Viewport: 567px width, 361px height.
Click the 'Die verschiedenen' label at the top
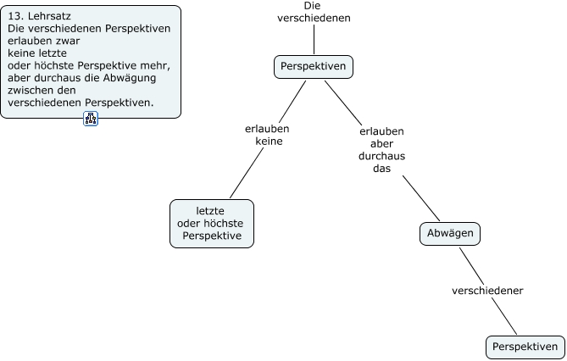point(313,11)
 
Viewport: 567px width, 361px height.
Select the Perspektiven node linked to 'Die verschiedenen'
point(313,65)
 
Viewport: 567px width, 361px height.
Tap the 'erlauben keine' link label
point(267,135)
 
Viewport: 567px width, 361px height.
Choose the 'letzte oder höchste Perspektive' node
point(212,223)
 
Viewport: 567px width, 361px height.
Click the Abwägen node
point(450,233)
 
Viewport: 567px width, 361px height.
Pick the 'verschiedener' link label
point(487,291)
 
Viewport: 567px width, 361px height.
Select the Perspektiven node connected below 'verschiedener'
point(525,347)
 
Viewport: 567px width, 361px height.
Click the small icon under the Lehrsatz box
point(91,119)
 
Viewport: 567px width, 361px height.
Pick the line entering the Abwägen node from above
point(420,197)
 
